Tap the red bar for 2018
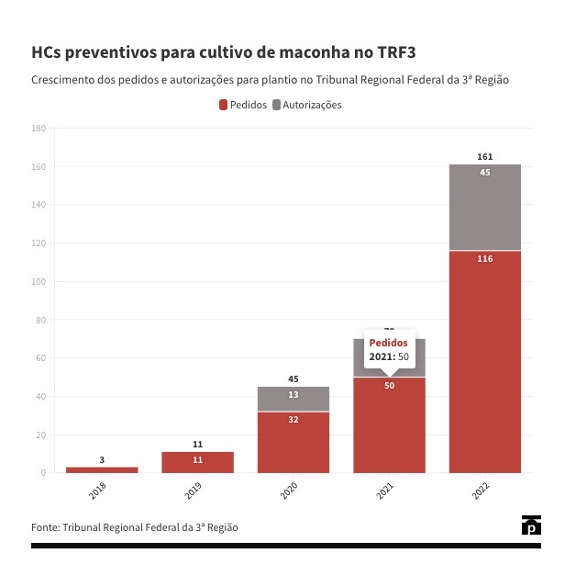(x=102, y=469)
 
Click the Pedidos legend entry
(x=243, y=105)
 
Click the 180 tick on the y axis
(x=39, y=129)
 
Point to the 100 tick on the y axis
(x=39, y=282)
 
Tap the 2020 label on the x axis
(x=289, y=491)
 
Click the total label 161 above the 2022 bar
(x=485, y=157)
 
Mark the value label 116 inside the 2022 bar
(x=485, y=259)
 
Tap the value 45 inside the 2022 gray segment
(x=485, y=173)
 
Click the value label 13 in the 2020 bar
(x=293, y=395)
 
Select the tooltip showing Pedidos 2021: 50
(x=389, y=349)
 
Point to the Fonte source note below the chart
(x=134, y=527)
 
